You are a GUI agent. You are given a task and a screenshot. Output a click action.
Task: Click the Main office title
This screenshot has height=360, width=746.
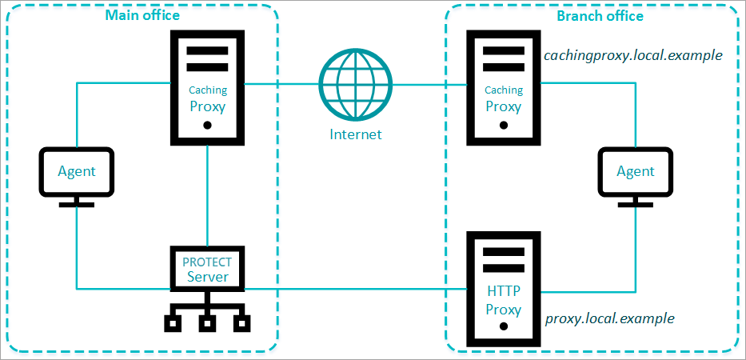coord(142,15)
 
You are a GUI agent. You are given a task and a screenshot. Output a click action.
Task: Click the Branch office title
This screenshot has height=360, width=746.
coord(600,15)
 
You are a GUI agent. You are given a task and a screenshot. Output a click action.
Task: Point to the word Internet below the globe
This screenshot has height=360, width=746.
coord(356,134)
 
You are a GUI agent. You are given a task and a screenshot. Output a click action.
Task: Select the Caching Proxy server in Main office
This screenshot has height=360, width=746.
coord(208,88)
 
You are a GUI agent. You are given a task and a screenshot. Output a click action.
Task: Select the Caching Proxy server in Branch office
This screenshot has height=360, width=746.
coord(504,88)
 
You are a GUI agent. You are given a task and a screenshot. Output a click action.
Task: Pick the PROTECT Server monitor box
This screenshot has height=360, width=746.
coord(208,270)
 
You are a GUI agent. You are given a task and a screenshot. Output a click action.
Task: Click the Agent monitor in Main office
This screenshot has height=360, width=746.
coord(76,170)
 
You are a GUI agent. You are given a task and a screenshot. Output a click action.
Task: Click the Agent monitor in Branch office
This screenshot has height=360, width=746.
coord(635,170)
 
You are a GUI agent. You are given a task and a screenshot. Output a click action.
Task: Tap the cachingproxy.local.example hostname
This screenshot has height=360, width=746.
coord(632,56)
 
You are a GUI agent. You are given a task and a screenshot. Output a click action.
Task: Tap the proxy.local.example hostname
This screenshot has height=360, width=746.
coord(609,318)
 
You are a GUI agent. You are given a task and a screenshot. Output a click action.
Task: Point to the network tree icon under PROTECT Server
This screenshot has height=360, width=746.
coord(207,314)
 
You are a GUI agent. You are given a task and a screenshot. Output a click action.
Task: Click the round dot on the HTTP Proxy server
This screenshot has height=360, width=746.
coord(504,328)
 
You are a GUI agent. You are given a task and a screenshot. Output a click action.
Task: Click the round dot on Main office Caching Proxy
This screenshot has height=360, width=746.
coord(208,126)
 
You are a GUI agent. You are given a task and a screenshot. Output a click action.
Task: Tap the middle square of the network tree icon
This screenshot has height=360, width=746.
coord(207,324)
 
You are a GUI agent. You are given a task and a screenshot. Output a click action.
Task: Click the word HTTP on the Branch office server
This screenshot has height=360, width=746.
coord(504,292)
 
